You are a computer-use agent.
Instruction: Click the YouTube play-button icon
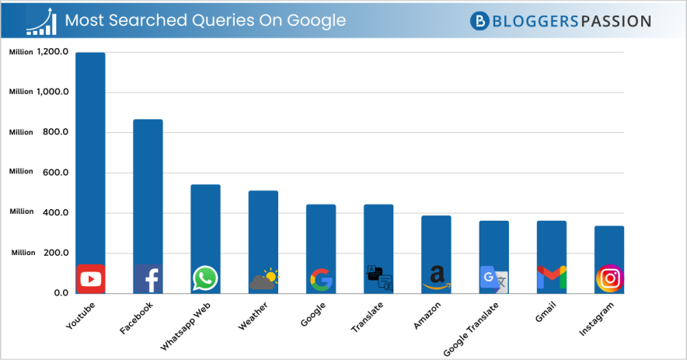click(90, 278)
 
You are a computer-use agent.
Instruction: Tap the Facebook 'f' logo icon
click(148, 278)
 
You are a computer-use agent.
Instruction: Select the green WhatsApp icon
click(205, 278)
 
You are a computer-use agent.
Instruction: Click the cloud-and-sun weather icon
click(264, 278)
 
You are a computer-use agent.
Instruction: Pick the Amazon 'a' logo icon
click(437, 277)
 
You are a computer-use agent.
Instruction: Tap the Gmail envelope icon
click(551, 278)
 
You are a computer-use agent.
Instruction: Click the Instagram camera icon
click(609, 278)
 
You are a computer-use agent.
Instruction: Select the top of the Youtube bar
click(90, 54)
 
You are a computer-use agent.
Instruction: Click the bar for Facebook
click(148, 194)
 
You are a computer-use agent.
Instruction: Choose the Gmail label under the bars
click(546, 311)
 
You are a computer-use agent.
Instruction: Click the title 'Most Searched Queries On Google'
click(205, 20)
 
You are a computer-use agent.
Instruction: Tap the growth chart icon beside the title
click(41, 21)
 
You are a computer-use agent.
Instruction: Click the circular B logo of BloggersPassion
click(480, 21)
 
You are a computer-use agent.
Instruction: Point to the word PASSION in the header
click(616, 21)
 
